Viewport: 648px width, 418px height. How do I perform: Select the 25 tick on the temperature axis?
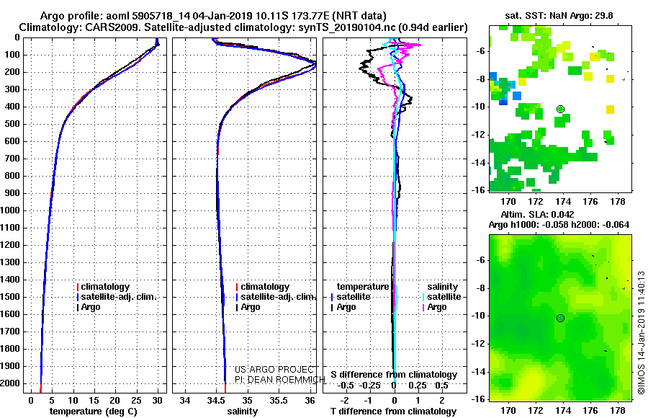136,401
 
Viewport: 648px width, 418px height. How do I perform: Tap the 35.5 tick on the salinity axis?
279,401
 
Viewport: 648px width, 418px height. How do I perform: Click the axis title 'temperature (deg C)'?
94,412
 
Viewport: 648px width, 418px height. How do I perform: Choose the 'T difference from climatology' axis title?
393,412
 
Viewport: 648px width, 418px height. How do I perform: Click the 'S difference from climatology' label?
394,375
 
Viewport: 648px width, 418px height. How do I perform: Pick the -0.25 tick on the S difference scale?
370,386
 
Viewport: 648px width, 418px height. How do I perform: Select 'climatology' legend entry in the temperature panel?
105,287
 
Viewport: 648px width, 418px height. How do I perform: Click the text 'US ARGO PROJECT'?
274,370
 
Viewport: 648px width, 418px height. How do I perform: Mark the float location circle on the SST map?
560,110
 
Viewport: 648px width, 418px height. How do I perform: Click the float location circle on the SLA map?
560,319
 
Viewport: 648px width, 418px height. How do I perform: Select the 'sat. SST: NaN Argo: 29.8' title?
559,16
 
